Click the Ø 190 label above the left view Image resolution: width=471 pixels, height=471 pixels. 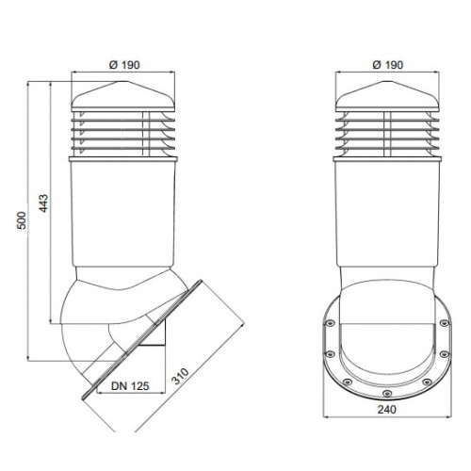point(124,65)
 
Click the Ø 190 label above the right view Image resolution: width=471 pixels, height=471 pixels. point(387,65)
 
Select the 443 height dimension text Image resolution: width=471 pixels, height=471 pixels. point(44,203)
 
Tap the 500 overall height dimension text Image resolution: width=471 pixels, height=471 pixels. point(22,220)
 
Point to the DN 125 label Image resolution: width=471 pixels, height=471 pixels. point(130,386)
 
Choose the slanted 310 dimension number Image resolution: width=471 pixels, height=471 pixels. point(180,376)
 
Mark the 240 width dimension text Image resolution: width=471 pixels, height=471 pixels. point(387,410)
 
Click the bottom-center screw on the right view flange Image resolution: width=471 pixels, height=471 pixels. point(387,393)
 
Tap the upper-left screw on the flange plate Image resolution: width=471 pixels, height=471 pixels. point(330,323)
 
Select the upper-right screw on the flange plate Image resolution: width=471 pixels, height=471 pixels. point(444,323)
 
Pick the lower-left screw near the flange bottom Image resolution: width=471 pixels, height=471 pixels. point(347,382)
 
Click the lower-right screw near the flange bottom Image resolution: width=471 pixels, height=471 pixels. point(427,382)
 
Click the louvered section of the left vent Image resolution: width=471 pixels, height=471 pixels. point(123,133)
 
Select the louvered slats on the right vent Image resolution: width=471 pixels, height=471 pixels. point(387,133)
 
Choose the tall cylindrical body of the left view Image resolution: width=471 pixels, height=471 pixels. point(122,214)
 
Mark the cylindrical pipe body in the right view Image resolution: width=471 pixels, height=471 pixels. point(387,214)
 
